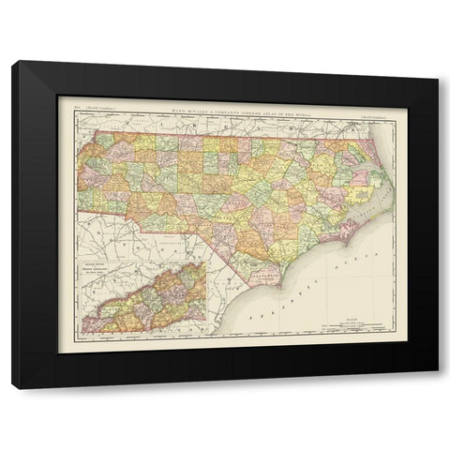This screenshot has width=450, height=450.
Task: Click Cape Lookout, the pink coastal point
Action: (x=346, y=235)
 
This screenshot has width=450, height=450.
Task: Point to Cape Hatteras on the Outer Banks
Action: (x=386, y=198)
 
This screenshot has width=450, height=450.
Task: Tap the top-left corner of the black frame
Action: (x=12, y=61)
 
